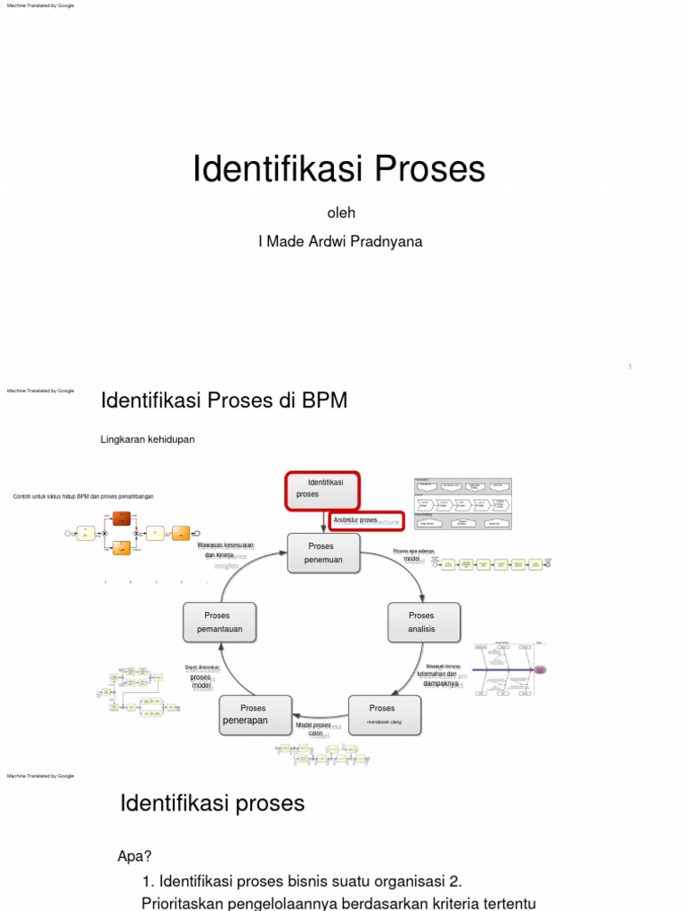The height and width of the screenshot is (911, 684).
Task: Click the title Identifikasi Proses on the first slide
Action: click(339, 168)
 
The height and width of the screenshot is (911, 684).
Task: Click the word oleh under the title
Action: click(342, 213)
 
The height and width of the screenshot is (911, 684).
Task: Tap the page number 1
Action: click(630, 367)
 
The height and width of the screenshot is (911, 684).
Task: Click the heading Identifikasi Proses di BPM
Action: click(224, 401)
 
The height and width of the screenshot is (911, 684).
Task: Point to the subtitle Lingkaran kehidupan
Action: click(148, 439)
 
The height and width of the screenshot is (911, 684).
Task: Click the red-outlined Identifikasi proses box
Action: click(322, 491)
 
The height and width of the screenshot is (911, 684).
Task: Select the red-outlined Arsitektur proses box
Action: click(366, 520)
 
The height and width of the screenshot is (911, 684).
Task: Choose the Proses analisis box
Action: click(423, 622)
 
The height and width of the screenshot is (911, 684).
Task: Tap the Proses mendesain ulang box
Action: click(384, 714)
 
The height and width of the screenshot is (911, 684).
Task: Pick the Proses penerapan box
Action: click(254, 714)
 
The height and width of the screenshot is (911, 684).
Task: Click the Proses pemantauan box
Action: click(218, 622)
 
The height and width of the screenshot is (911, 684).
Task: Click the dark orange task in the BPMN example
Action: click(122, 518)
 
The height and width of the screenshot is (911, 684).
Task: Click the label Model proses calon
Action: click(313, 730)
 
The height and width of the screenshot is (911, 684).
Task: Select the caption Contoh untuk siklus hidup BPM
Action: click(83, 496)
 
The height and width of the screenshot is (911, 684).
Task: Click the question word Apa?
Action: click(135, 857)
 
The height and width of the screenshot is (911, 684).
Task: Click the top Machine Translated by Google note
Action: click(41, 5)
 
